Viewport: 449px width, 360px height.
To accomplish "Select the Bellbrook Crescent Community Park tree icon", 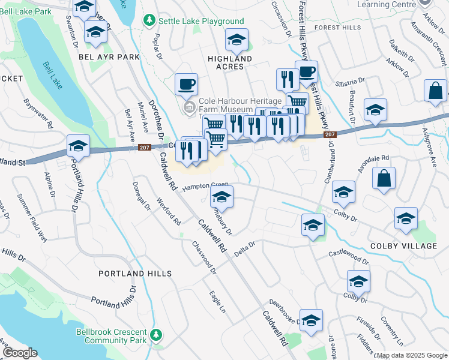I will [157, 334].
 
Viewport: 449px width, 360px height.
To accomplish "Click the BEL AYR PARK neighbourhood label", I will [109, 57].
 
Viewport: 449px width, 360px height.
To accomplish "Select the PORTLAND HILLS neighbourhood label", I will [136, 274].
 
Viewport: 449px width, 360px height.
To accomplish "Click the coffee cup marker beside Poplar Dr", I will [186, 84].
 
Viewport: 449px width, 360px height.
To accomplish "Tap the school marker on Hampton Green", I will [221, 196].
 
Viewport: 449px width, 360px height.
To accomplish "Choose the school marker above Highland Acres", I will [237, 40].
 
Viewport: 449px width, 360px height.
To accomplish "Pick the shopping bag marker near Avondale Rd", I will [384, 178].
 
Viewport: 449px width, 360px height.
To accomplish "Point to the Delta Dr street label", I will [244, 248].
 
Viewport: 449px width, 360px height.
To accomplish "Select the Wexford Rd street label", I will [168, 211].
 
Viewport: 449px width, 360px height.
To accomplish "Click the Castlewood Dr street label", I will [349, 257].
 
